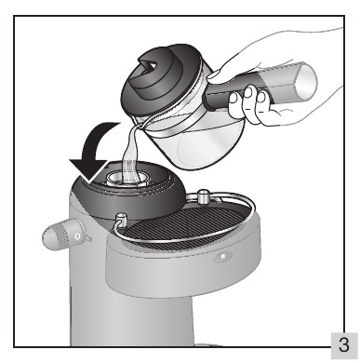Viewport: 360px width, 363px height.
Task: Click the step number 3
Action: (343, 345)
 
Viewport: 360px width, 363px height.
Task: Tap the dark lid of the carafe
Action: (160, 76)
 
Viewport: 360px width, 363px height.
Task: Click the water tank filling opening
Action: (127, 180)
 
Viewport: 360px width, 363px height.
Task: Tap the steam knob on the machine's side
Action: (63, 236)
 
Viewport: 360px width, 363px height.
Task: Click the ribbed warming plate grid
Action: (184, 229)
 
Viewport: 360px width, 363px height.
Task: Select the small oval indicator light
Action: (223, 257)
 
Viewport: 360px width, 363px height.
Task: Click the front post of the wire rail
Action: (120, 220)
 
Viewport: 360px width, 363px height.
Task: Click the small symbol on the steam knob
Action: (77, 236)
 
